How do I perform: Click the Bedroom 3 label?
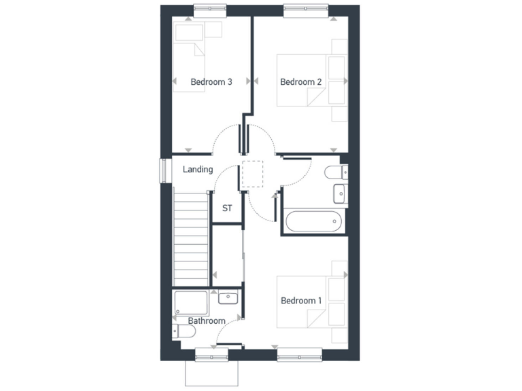pos(211,82)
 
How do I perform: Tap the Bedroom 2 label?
pos(301,82)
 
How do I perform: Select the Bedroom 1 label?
pos(301,301)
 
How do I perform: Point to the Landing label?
pos(198,170)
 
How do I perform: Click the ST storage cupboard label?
pos(227,208)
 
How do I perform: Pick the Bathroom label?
pos(207,320)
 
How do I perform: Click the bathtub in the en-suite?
pos(313,222)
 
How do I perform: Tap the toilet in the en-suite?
pos(336,172)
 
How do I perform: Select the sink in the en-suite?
pos(339,195)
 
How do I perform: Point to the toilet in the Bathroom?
pos(184,331)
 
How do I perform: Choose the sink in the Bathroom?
pos(228,297)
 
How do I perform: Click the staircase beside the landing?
pos(190,238)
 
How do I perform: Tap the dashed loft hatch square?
pos(251,174)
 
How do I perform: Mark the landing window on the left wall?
pos(164,170)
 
